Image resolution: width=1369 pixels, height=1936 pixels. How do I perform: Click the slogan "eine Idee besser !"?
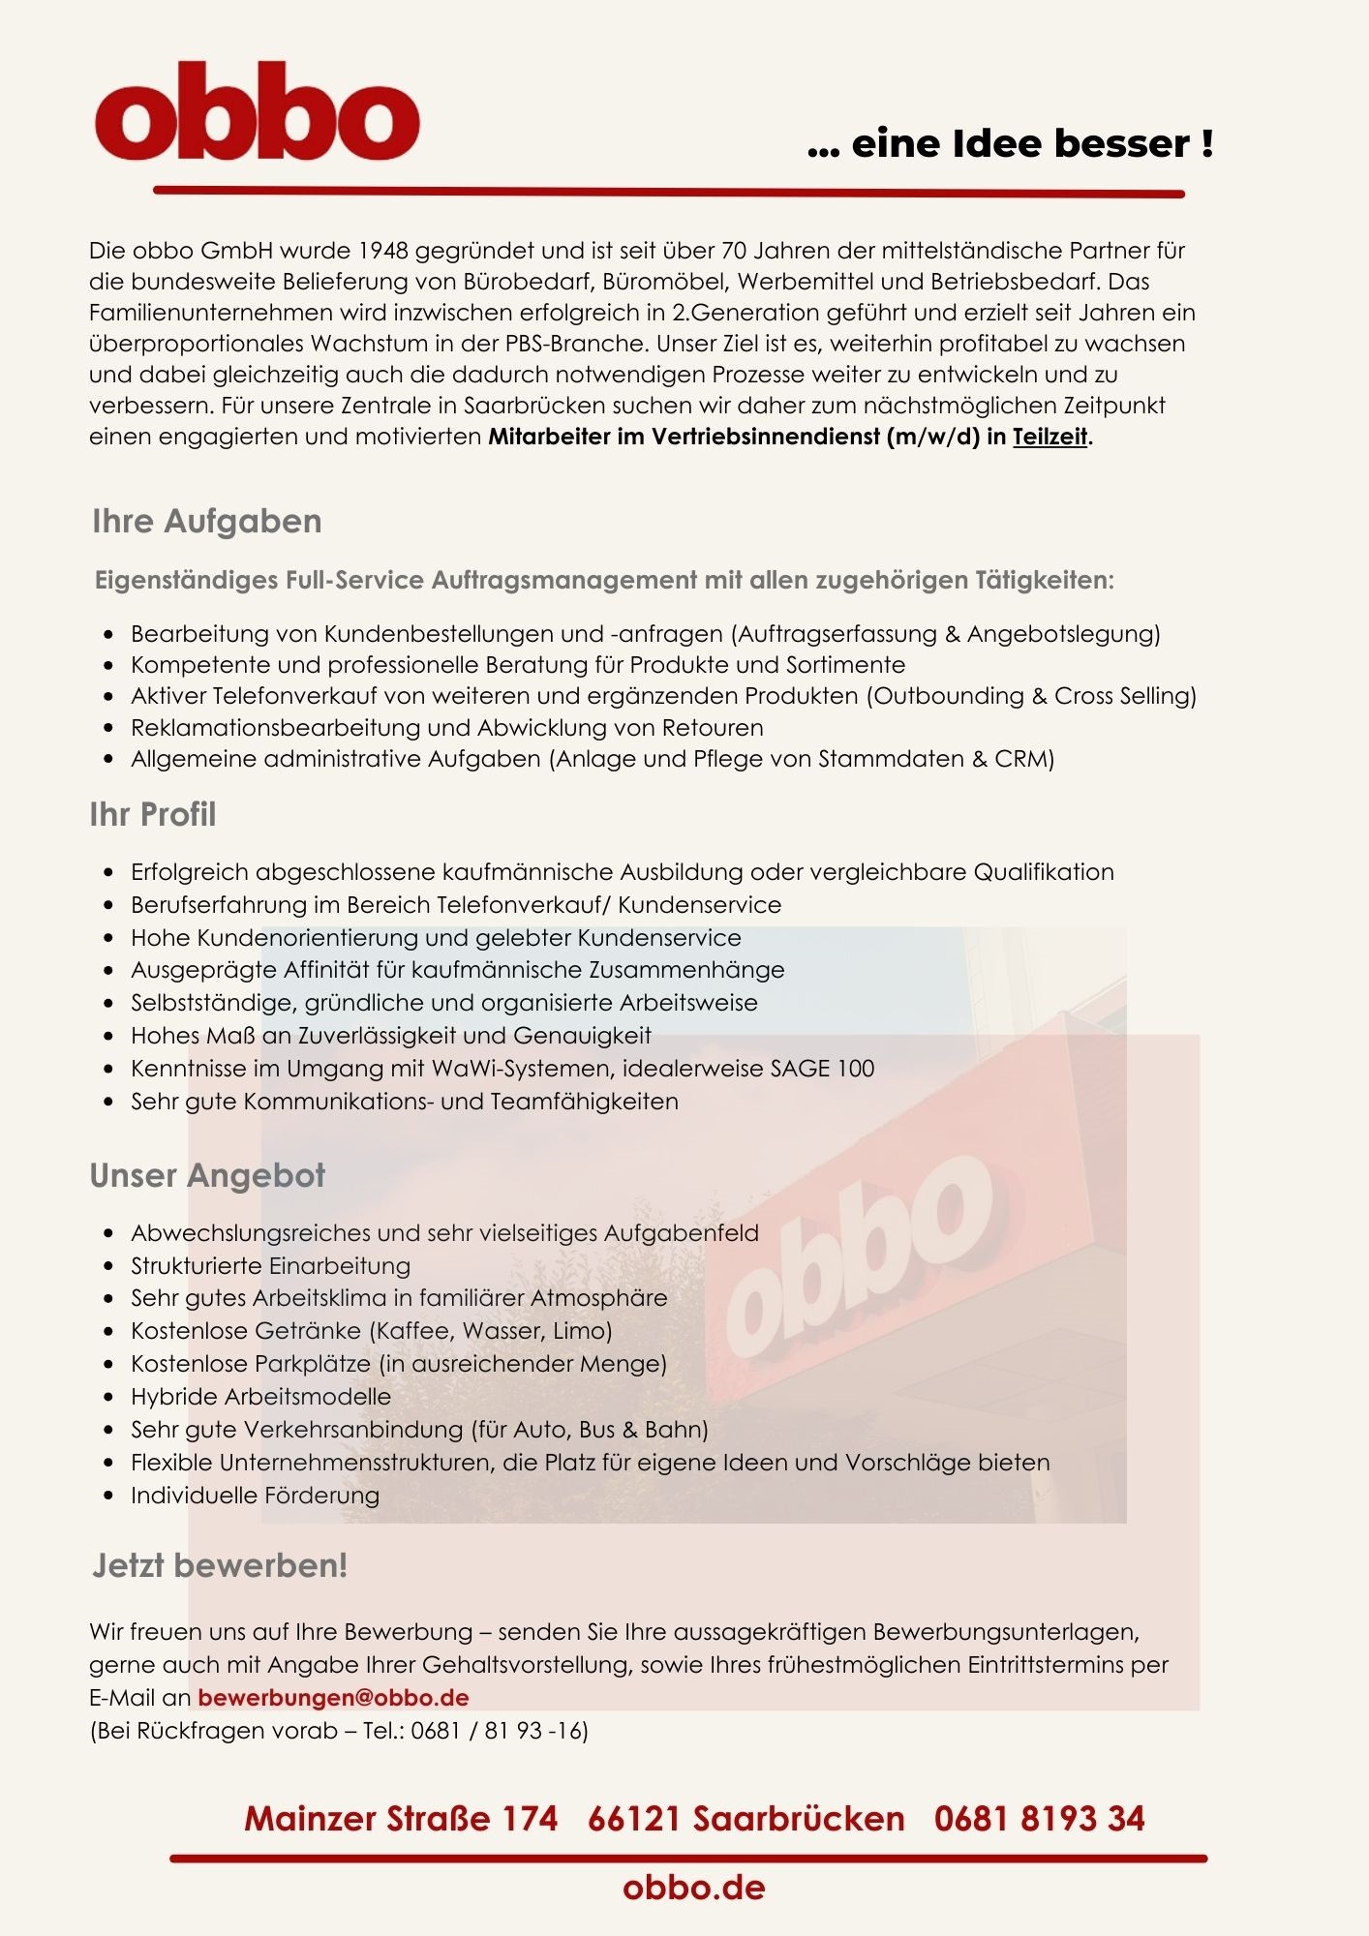1032,143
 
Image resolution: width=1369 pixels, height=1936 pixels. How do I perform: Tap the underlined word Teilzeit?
1050,437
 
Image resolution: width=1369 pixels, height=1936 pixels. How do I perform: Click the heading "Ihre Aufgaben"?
206,521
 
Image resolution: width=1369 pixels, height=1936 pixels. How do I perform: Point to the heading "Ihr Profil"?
152,814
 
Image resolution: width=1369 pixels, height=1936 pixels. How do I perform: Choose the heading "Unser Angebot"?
207,1175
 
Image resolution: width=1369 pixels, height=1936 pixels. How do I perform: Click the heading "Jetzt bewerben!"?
220,1565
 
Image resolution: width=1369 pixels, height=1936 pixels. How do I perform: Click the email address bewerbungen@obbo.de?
333,1697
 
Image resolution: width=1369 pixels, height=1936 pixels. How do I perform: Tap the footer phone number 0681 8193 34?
1039,1818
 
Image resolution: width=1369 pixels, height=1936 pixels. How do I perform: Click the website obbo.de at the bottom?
693,1887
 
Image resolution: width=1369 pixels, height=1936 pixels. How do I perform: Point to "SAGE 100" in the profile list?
822,1069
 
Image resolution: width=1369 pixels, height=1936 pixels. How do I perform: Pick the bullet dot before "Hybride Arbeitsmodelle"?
109,1397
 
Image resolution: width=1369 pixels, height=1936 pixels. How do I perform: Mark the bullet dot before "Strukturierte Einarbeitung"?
109,1266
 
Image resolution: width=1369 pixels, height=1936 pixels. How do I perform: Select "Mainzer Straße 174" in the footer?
401,1818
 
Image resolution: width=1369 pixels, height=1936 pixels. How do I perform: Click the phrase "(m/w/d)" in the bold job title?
932,437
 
